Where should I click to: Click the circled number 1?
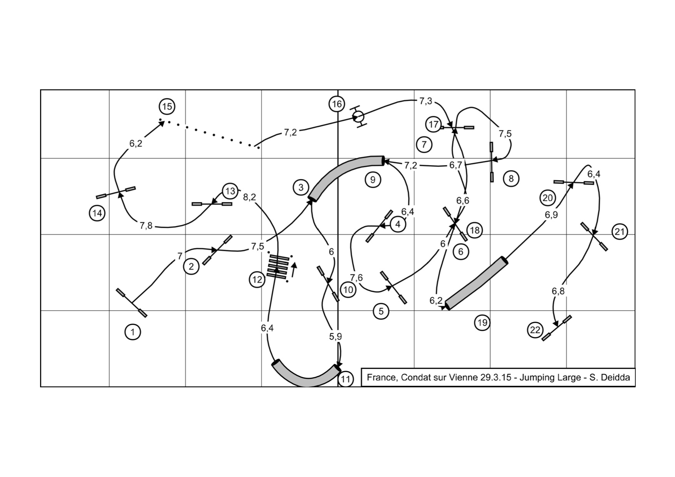(x=133, y=332)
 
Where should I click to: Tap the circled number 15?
(x=167, y=106)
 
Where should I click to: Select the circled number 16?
(x=337, y=104)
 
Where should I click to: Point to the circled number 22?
(x=535, y=330)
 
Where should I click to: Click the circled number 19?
(x=482, y=322)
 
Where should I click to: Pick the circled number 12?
(x=257, y=280)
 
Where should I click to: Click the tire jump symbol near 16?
(x=358, y=116)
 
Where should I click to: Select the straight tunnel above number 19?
(x=476, y=283)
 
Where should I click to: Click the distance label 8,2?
(x=250, y=197)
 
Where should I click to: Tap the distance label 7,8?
(x=146, y=226)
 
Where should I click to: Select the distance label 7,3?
(x=426, y=101)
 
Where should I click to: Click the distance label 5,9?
(x=335, y=336)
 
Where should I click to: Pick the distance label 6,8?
(x=558, y=291)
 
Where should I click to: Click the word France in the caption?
(x=381, y=377)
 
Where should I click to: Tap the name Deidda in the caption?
(x=615, y=377)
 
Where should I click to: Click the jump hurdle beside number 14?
(x=116, y=192)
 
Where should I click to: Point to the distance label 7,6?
(x=356, y=278)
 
